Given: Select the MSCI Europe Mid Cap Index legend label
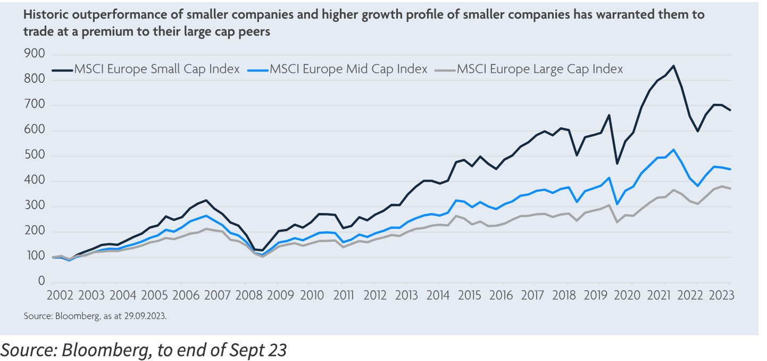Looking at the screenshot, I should (x=349, y=69).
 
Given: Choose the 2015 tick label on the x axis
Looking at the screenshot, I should (x=466, y=296).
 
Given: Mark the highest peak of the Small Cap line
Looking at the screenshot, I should (x=673, y=66).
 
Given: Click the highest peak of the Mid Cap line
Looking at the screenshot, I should (x=673, y=150).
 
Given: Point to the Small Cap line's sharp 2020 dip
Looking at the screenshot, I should (x=617, y=163).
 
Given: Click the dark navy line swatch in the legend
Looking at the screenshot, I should (x=62, y=70).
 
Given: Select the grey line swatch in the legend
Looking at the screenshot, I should (x=445, y=70).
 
